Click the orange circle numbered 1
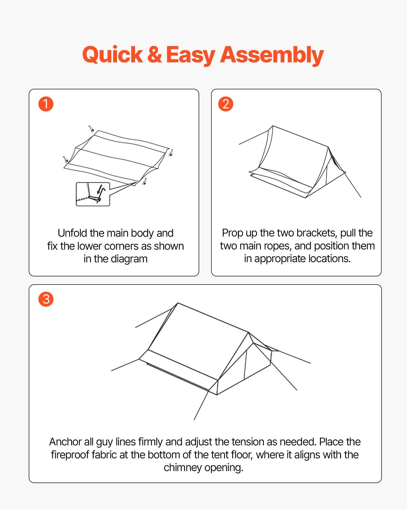(46, 104)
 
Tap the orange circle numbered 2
(226, 104)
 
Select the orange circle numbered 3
(46, 299)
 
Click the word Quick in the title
(112, 55)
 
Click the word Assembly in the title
(272, 55)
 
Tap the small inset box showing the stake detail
(93, 194)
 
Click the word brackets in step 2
(317, 233)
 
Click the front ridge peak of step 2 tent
(328, 147)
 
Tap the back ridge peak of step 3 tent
(178, 303)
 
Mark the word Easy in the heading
(191, 55)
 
